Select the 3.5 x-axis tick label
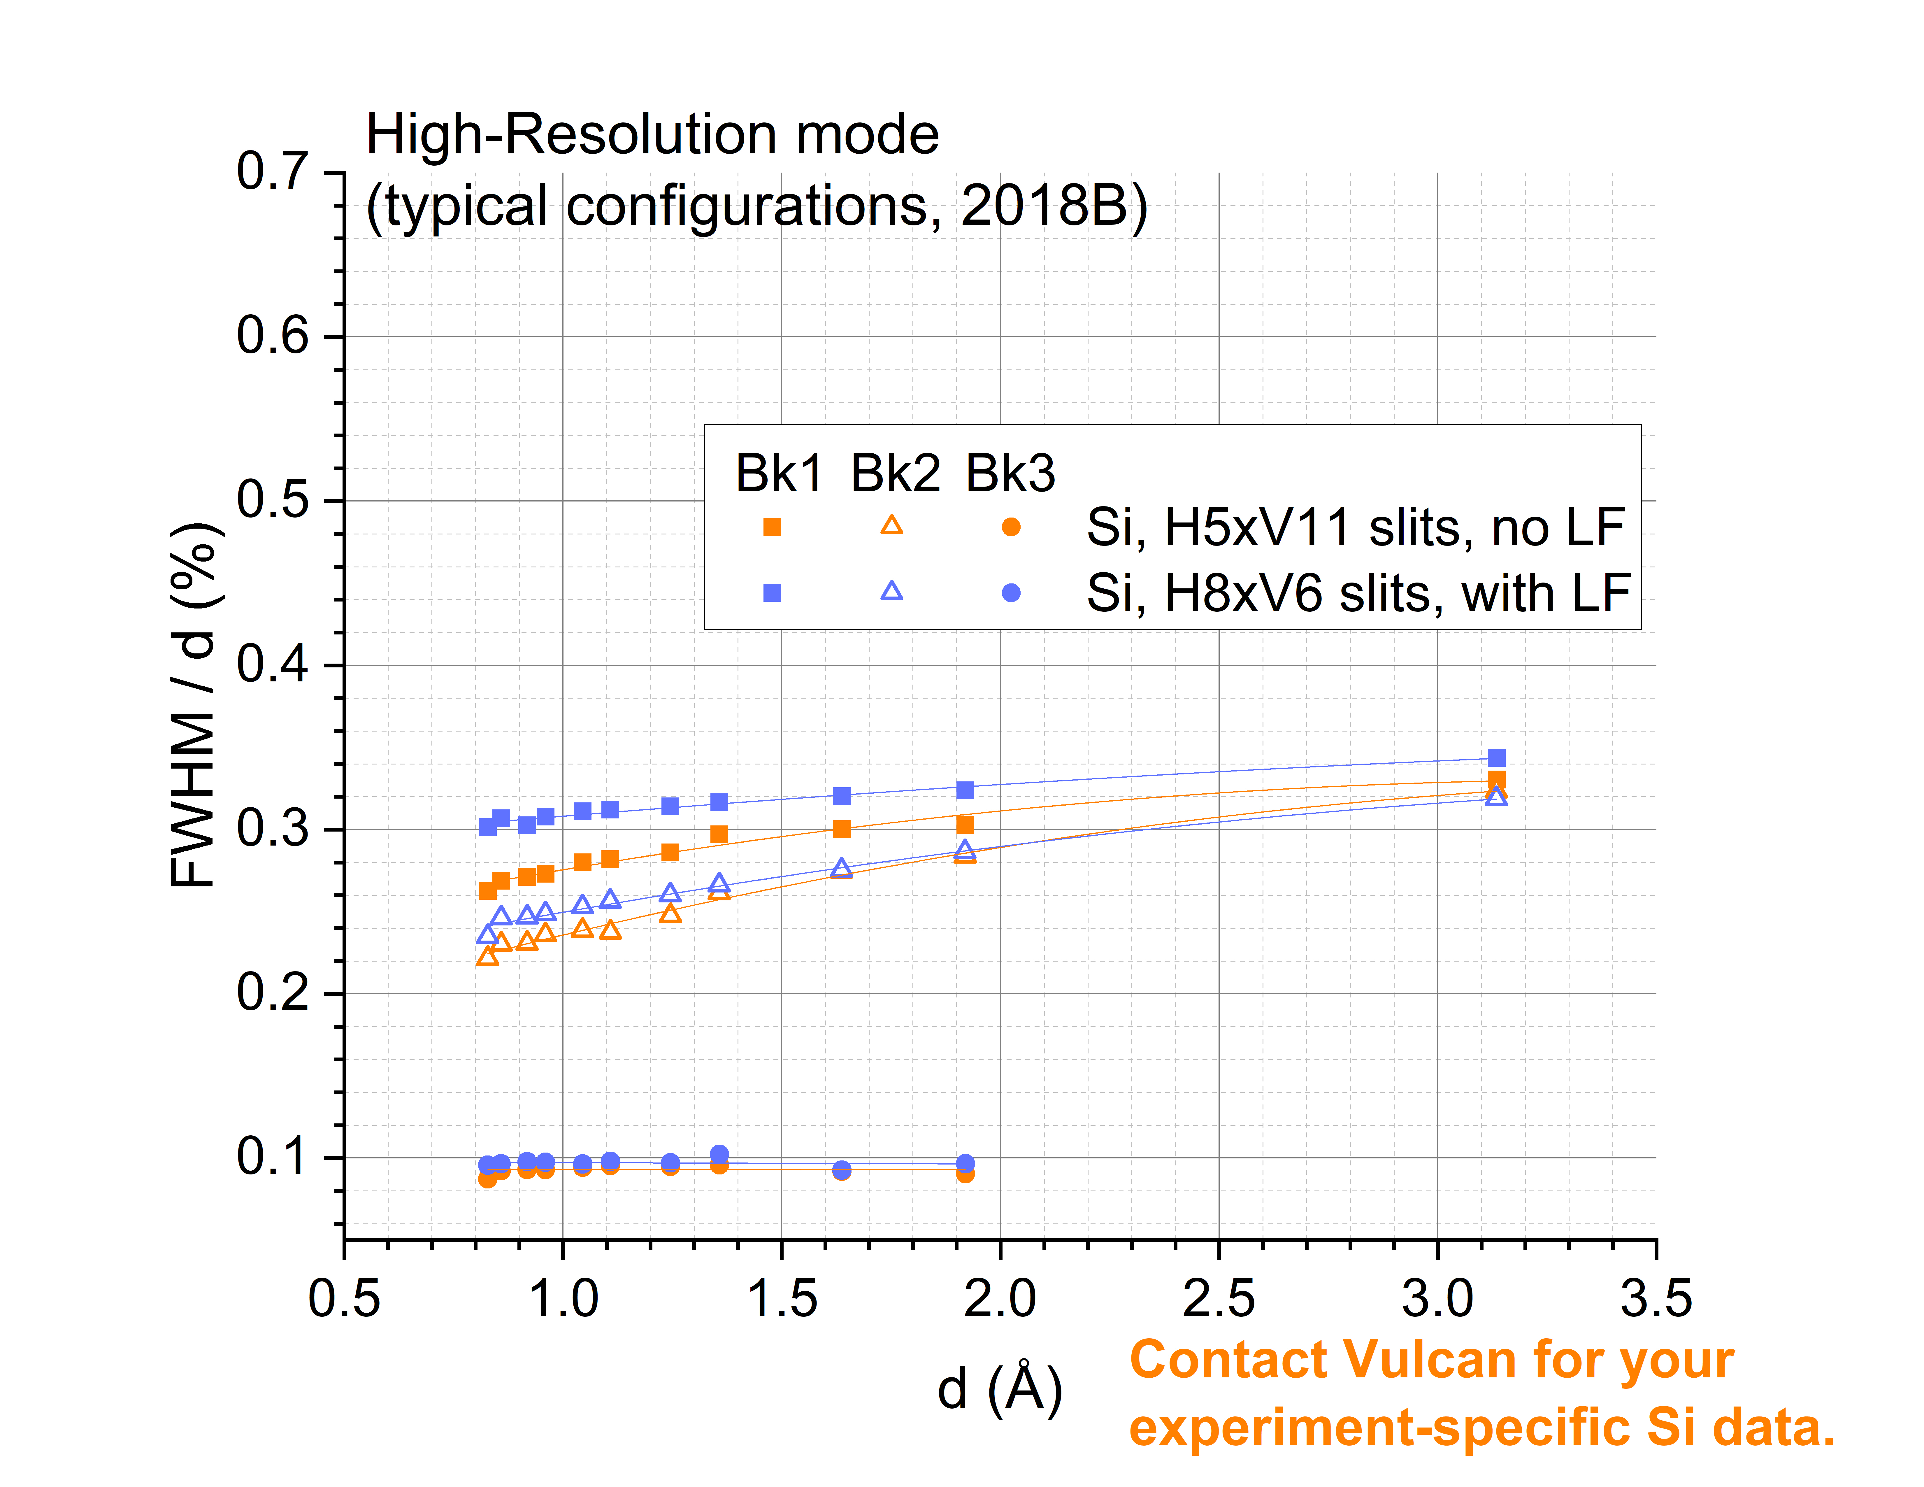1656,1298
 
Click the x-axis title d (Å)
1000,1389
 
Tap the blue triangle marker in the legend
891,591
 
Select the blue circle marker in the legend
1011,593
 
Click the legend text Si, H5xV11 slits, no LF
1355,527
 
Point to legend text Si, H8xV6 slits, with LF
1358,593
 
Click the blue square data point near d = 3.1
1496,757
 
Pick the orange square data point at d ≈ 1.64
841,829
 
